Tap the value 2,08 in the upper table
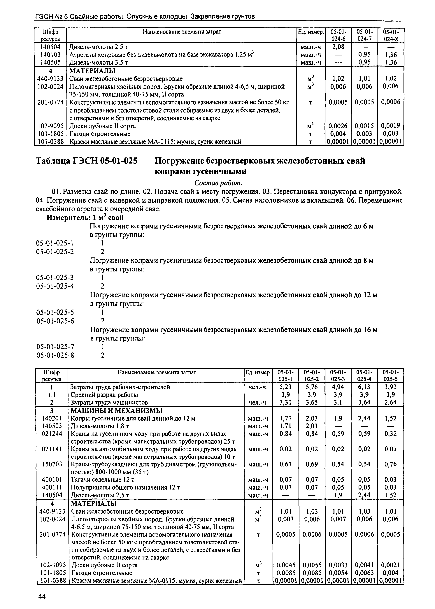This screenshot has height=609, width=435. (338, 47)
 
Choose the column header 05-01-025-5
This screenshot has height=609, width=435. (390, 376)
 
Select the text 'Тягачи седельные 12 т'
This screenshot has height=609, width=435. (103, 480)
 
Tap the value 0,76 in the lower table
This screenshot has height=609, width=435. (390, 464)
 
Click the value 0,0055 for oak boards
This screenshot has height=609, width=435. (312, 565)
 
